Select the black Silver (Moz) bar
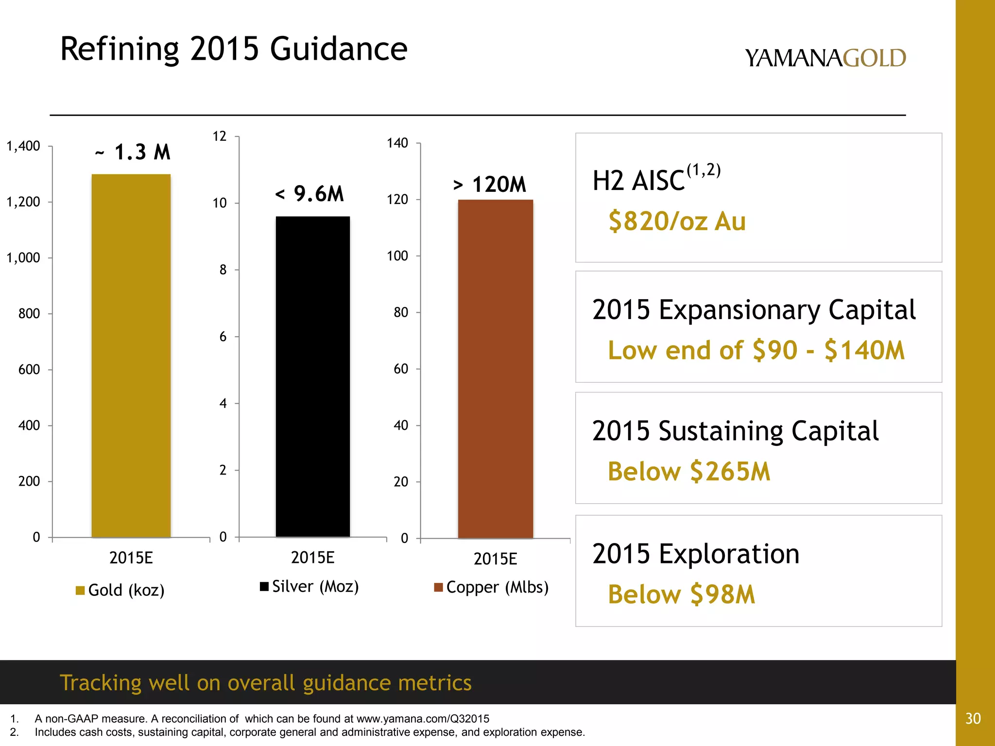tap(313, 376)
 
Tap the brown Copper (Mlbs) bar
tap(496, 369)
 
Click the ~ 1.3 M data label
tap(133, 152)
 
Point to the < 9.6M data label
tap(309, 194)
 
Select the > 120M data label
tap(490, 185)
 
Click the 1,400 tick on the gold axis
tap(23, 146)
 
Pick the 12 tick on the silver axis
tap(220, 136)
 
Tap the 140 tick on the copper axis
tap(397, 143)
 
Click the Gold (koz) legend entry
tap(120, 590)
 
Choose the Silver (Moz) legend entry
tap(309, 586)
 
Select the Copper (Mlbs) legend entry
tap(491, 587)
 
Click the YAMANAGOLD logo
tap(825, 58)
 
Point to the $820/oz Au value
tap(677, 221)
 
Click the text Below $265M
tap(689, 471)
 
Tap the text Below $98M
tap(682, 594)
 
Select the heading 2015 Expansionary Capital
tap(754, 310)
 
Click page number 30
tap(973, 718)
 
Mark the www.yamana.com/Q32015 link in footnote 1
tap(423, 719)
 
